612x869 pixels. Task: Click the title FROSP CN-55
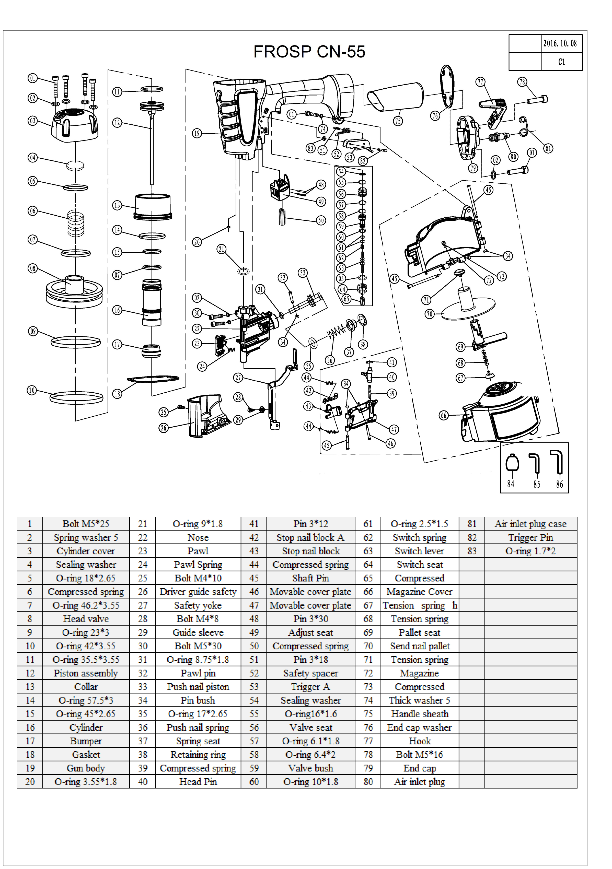click(x=309, y=52)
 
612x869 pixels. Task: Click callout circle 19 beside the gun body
click(x=197, y=133)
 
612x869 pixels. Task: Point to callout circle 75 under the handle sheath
click(x=398, y=121)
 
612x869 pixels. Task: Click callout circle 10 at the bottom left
click(x=32, y=390)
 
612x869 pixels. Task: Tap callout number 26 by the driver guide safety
click(x=164, y=428)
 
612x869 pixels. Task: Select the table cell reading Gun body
click(x=86, y=768)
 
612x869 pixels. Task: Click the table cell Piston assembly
click(x=86, y=673)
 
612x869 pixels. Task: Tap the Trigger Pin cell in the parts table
click(x=530, y=537)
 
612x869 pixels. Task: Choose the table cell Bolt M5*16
click(x=419, y=754)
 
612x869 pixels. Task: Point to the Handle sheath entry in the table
click(x=419, y=714)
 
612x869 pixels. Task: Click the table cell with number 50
click(x=254, y=646)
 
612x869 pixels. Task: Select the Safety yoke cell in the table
click(x=198, y=605)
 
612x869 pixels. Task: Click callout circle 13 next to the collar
click(x=117, y=206)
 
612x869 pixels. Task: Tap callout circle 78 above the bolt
click(x=522, y=82)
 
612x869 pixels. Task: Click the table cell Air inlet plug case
click(x=530, y=524)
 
